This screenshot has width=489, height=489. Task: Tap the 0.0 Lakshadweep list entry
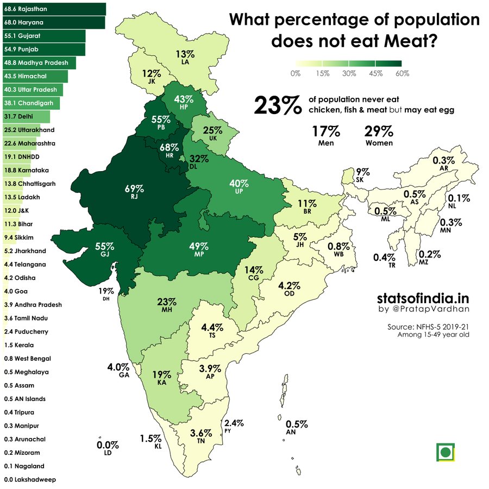pyautogui.click(x=30, y=480)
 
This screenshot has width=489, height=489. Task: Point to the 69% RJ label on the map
pyautogui.click(x=134, y=193)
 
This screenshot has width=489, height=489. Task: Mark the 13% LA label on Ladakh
pyautogui.click(x=185, y=58)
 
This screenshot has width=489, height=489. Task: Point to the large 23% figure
pyautogui.click(x=278, y=105)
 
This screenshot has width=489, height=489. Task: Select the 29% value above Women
pyautogui.click(x=379, y=131)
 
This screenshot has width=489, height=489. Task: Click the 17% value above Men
pyautogui.click(x=326, y=131)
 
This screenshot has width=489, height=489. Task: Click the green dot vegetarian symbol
pyautogui.click(x=446, y=452)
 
